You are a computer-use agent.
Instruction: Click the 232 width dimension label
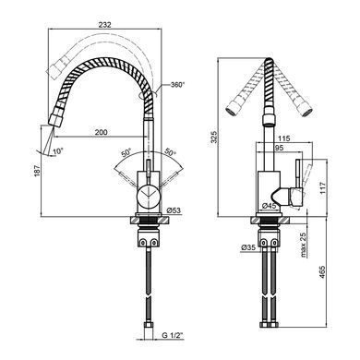coord(104,25)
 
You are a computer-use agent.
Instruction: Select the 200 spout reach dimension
coord(101,132)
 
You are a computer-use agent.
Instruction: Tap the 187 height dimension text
coord(37,171)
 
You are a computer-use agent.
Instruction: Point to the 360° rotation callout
coord(177,84)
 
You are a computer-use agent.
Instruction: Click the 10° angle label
coord(58,151)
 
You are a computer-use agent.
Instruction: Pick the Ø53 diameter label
coord(174,210)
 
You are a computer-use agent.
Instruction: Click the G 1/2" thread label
coord(173,335)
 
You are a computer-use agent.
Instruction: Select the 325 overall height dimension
coord(214,137)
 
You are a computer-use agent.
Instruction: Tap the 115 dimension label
coord(283,138)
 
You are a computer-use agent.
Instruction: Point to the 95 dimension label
coord(279,148)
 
